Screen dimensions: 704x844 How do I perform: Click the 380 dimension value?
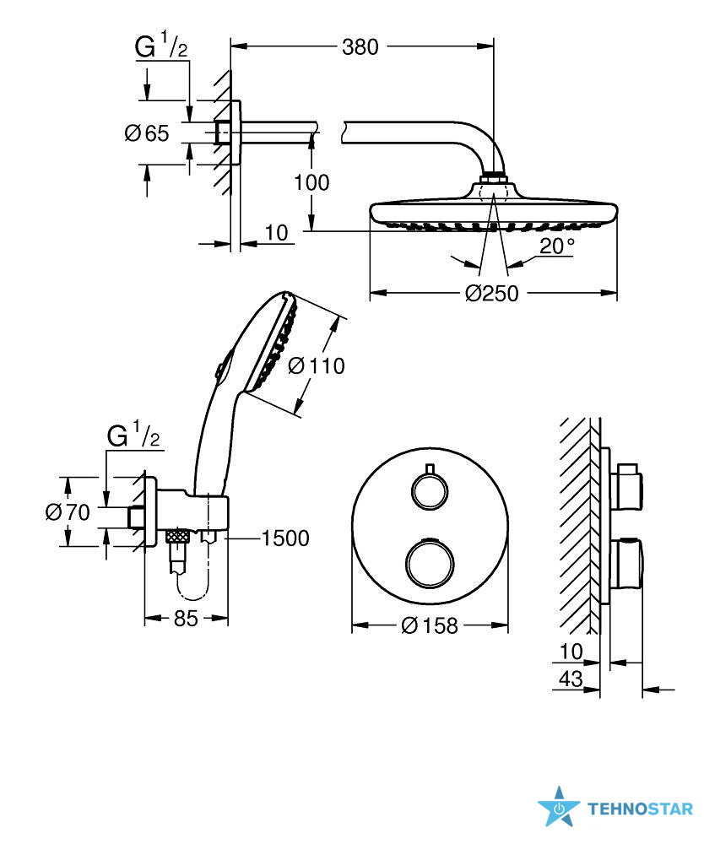[360, 47]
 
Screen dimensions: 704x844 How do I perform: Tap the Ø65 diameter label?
[147, 133]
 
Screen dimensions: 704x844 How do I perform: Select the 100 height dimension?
[311, 182]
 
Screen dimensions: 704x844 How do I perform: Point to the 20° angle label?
[556, 246]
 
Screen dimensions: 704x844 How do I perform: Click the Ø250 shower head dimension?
[492, 294]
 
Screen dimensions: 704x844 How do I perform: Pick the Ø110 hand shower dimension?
[317, 366]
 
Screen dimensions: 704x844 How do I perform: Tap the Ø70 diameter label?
[68, 512]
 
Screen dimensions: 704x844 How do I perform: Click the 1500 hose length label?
[285, 538]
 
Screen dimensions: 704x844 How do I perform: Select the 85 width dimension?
[186, 619]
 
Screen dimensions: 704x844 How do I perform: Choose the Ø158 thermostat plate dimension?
[430, 625]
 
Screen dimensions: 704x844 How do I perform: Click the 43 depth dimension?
[571, 679]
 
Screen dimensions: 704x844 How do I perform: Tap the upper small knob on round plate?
[429, 490]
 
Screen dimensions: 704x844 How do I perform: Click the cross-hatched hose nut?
[177, 536]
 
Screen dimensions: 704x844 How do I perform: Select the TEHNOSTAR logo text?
[640, 809]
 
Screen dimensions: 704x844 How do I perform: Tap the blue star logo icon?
[559, 807]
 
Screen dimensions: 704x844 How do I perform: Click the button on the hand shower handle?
[220, 371]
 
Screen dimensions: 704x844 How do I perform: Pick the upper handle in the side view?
[629, 487]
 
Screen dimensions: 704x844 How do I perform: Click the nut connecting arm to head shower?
[494, 178]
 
